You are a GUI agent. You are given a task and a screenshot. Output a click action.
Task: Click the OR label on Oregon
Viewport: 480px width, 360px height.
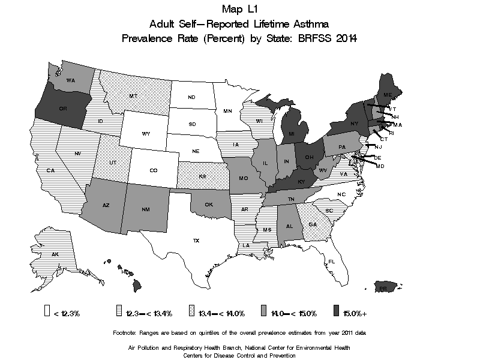(x=62, y=109)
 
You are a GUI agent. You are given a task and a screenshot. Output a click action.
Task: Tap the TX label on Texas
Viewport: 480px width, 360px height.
(x=196, y=241)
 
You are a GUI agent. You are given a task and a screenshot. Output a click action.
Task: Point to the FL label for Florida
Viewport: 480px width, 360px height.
(x=331, y=262)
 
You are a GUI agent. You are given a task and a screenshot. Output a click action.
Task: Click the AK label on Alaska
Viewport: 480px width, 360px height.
(x=55, y=254)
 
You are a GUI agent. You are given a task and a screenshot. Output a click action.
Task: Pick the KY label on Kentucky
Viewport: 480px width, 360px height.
(x=301, y=182)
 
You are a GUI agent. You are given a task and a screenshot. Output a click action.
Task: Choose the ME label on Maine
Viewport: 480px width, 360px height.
(x=388, y=95)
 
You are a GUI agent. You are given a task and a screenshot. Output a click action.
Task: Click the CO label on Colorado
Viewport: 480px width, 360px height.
(x=154, y=170)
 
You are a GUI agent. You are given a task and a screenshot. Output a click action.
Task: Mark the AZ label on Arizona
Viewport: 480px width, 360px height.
(x=106, y=205)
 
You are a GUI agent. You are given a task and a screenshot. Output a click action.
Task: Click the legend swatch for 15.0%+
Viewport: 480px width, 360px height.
(x=335, y=312)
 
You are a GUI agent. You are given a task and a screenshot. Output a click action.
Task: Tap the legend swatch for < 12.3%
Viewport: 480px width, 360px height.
(x=47, y=312)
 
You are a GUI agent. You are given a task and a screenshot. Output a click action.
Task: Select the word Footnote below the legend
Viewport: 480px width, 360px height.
(x=128, y=332)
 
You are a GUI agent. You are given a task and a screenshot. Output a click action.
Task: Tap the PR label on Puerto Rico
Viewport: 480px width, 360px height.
(x=383, y=288)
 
